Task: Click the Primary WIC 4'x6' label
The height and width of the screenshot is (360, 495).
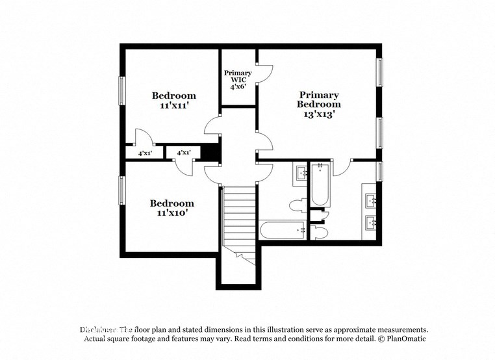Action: (238, 79)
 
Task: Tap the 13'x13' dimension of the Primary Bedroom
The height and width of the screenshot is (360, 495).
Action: (319, 114)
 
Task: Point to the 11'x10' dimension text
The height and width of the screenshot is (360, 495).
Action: (172, 212)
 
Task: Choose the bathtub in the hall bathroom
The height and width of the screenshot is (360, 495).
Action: (283, 230)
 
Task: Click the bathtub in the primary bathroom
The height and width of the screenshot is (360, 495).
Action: (320, 185)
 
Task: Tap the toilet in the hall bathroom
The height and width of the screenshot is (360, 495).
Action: (298, 206)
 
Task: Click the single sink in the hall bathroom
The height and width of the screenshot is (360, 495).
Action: (303, 173)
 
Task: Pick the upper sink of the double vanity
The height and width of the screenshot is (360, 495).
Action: (372, 200)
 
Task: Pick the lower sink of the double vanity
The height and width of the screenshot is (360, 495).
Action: (372, 223)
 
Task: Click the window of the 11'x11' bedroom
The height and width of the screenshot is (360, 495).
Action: (121, 91)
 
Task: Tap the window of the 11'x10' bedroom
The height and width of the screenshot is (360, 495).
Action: (121, 190)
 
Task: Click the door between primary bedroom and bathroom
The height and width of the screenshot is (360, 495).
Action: (342, 167)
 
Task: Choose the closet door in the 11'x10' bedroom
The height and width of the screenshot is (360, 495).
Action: (184, 166)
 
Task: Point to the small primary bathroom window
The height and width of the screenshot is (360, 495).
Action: (380, 171)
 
